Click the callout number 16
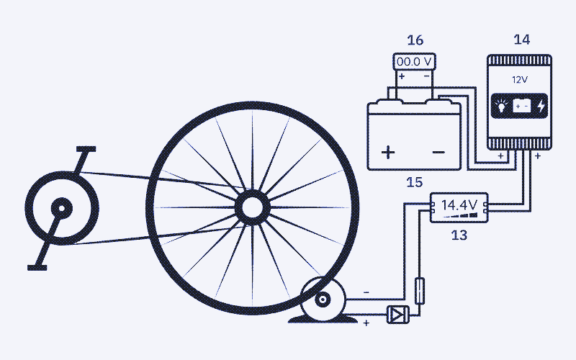(415, 40)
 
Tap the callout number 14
(521, 40)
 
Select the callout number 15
(415, 182)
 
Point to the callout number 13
(459, 235)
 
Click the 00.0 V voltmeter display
(415, 61)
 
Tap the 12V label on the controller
(520, 80)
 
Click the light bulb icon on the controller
(500, 106)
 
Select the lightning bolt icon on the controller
(541, 106)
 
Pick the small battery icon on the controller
(521, 106)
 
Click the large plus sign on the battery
(388, 152)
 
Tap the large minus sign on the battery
(439, 152)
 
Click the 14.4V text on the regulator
(459, 204)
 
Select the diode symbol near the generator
(398, 315)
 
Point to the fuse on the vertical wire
(420, 291)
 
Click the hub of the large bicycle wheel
(253, 207)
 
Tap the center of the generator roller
(323, 300)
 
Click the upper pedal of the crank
(86, 149)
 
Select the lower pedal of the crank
(37, 268)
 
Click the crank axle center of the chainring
(62, 209)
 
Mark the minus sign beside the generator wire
(366, 292)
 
